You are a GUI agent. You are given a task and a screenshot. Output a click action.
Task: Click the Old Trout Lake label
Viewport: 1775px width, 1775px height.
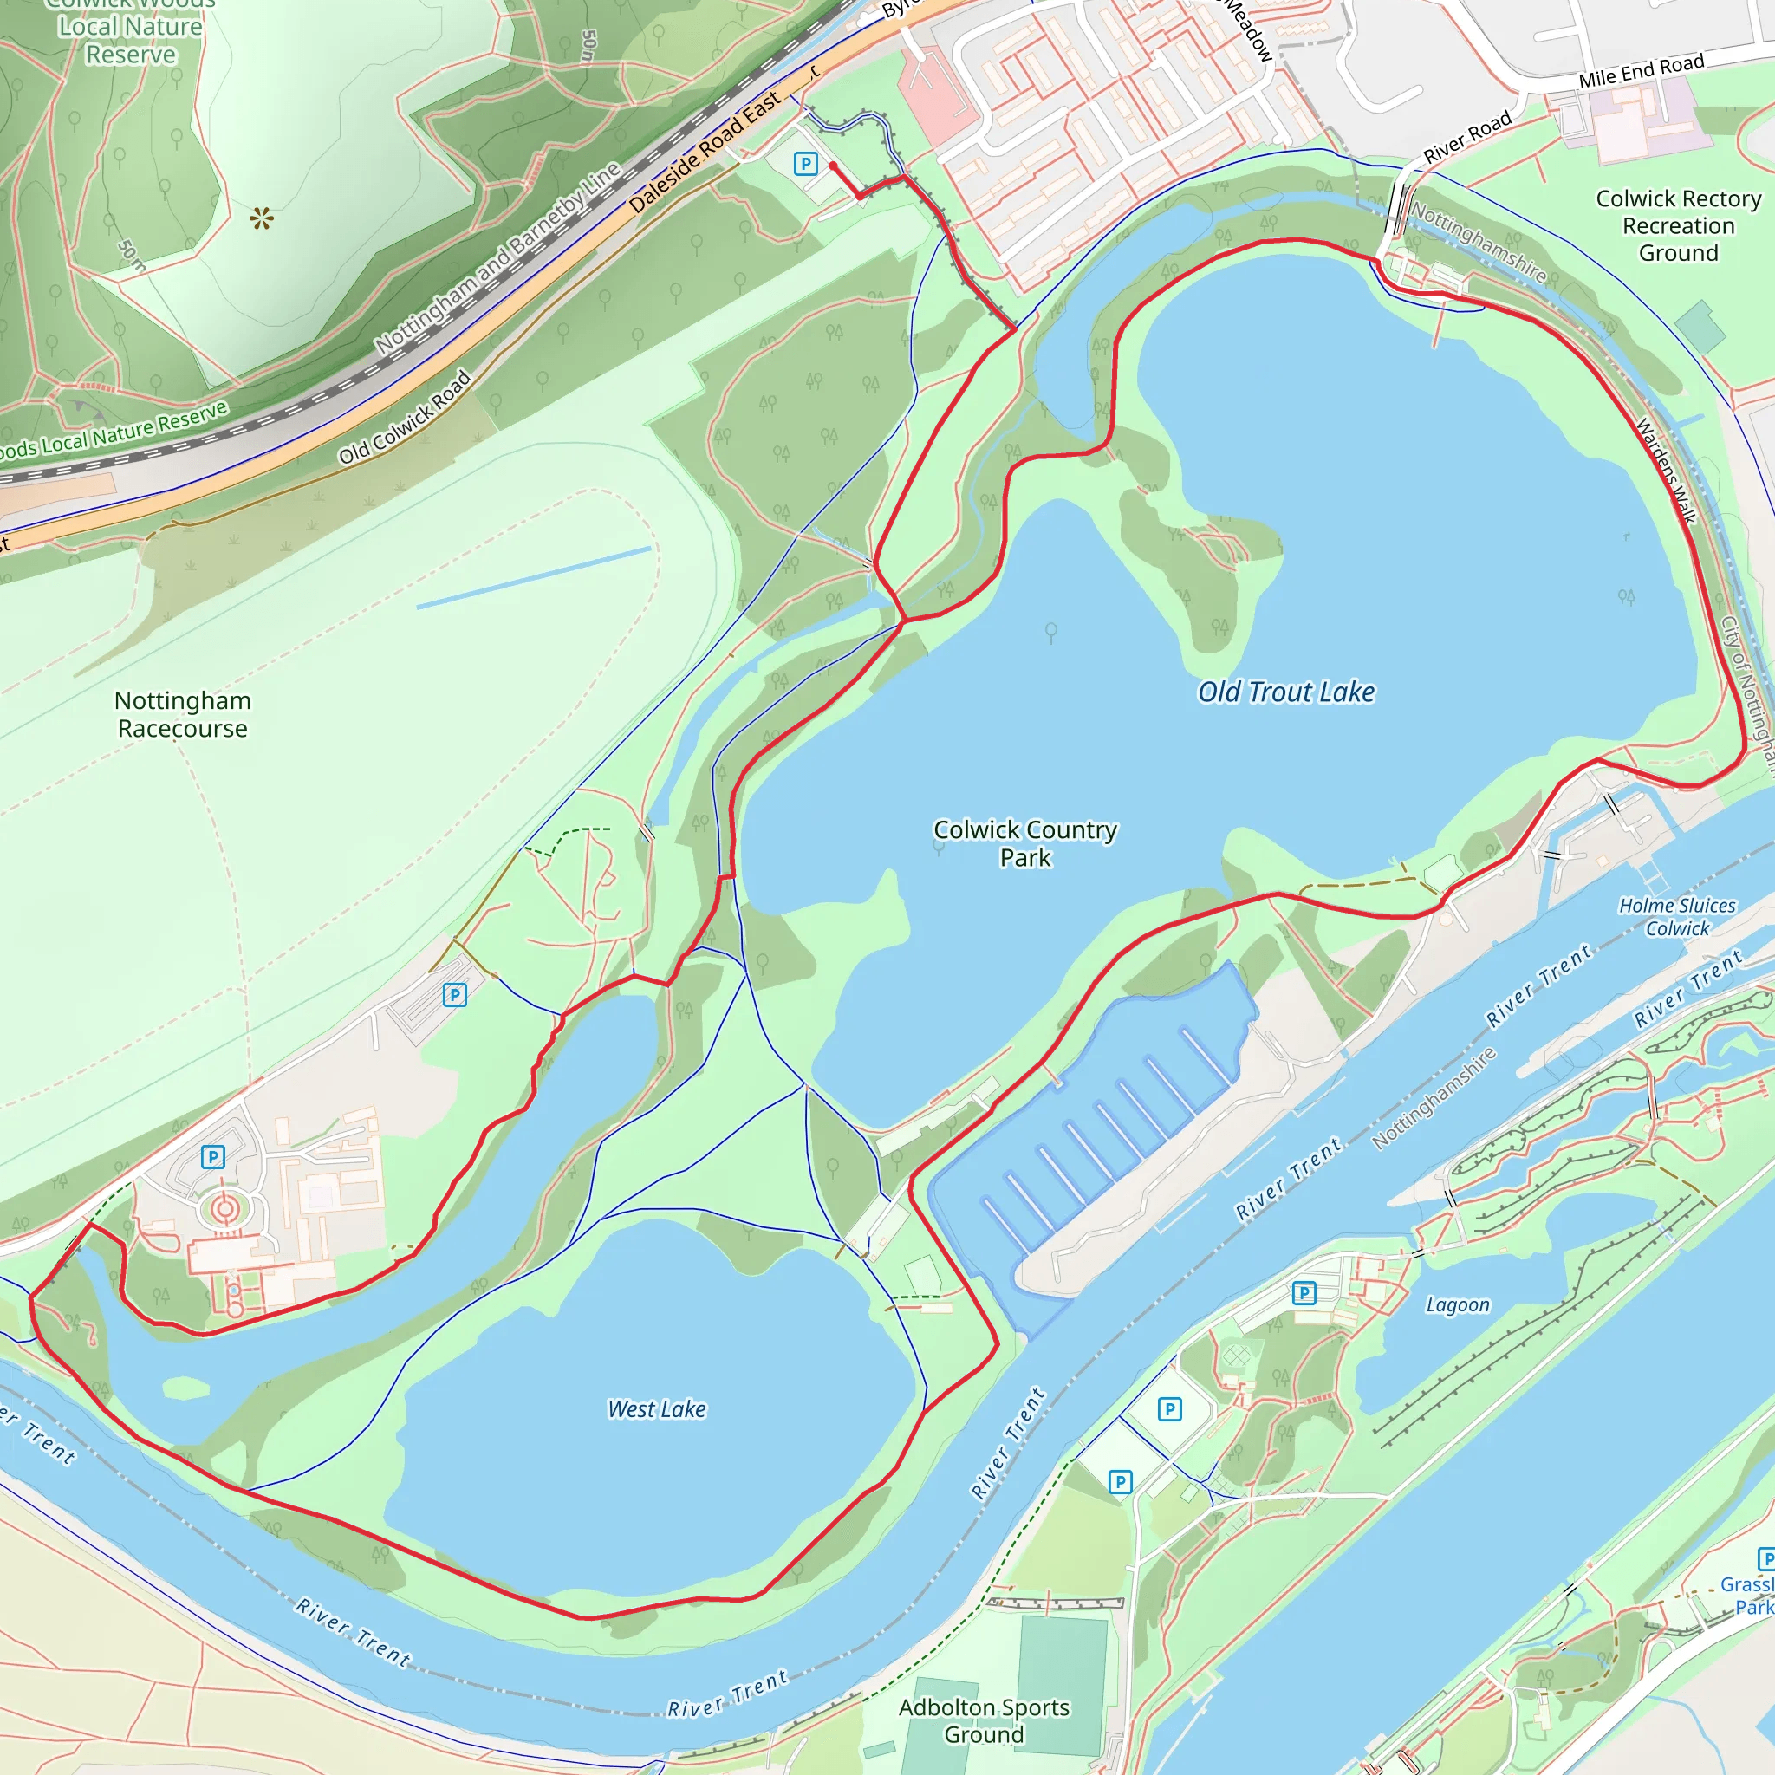(1285, 692)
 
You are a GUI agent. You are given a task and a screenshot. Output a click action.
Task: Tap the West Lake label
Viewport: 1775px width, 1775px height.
(657, 1409)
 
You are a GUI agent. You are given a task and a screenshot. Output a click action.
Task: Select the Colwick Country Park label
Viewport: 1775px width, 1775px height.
(1024, 843)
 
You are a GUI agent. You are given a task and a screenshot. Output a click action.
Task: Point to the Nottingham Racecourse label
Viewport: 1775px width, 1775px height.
(183, 715)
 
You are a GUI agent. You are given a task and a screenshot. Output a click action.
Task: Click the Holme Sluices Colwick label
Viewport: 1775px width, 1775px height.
(1677, 917)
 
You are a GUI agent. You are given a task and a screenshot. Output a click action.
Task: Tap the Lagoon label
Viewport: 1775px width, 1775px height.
(1457, 1305)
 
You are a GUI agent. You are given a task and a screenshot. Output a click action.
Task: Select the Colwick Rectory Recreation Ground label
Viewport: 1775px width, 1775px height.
(1678, 226)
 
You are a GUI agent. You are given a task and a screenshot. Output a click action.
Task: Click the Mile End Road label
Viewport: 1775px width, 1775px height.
(1641, 71)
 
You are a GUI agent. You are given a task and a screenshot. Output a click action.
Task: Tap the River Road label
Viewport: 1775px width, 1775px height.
(1467, 138)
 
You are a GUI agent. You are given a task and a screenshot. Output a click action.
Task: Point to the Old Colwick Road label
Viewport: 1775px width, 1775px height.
(404, 417)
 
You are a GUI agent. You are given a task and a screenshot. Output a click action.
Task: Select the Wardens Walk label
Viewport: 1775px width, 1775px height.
(1666, 471)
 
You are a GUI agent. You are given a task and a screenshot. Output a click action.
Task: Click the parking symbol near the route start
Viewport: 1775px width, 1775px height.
(805, 165)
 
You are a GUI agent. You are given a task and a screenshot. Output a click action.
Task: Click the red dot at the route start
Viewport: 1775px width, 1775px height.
(832, 166)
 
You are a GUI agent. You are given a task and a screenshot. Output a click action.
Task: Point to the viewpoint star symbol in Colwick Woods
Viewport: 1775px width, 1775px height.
(262, 218)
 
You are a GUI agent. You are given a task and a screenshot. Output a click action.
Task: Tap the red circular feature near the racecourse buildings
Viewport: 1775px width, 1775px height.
(225, 1209)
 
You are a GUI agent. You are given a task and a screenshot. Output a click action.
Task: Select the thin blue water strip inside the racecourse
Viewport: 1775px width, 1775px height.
(534, 578)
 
